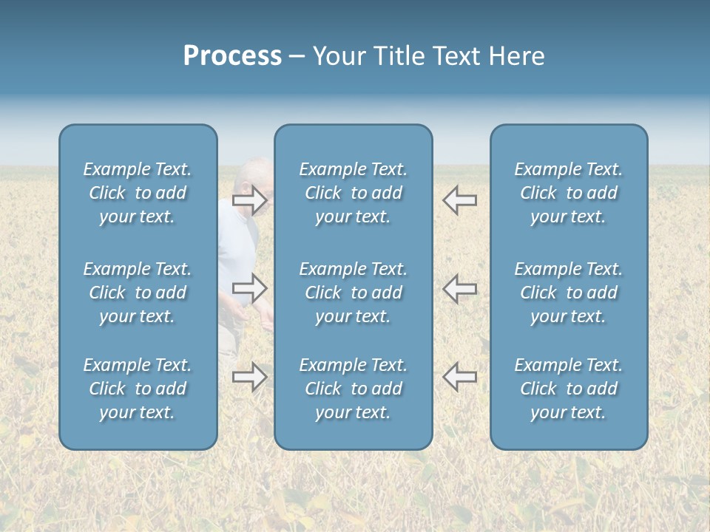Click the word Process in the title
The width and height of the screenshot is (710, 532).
232,56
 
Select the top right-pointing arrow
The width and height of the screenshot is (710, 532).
249,199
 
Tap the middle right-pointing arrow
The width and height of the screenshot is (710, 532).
249,288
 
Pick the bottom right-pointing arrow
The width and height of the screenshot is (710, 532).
249,377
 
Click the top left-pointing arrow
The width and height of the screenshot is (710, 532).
459,199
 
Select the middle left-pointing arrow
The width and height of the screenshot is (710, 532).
459,288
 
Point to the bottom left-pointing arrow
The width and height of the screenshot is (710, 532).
459,377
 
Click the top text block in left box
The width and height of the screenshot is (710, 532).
138,193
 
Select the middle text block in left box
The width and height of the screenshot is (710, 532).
138,293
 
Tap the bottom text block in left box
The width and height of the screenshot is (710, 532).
138,389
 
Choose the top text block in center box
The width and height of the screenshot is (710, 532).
353,193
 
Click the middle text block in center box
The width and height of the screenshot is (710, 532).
353,293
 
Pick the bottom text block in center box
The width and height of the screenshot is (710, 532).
353,389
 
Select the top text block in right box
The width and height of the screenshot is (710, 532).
568,193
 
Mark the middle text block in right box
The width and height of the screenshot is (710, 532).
568,293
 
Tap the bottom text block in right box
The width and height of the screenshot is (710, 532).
568,389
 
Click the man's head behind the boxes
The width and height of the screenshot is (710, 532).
255,174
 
